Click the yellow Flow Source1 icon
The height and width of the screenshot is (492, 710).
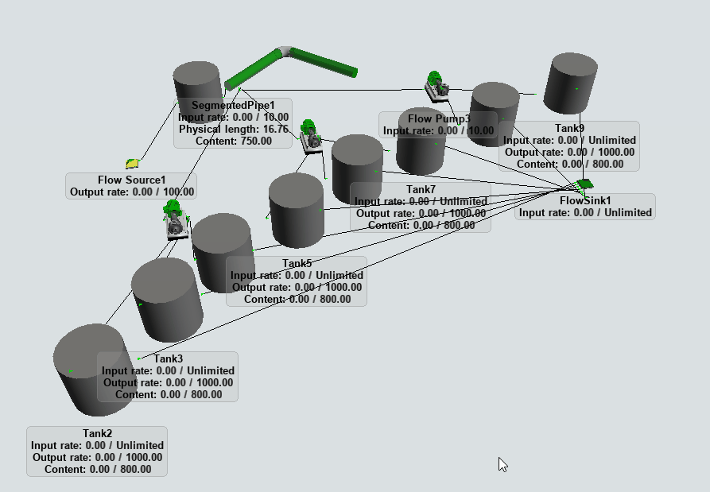point(133,163)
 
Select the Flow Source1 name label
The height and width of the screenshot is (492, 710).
point(132,180)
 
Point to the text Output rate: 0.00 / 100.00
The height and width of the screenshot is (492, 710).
point(132,192)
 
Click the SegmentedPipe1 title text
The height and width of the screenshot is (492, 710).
point(233,106)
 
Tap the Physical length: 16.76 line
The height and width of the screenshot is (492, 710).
point(233,129)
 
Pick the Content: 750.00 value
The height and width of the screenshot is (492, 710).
point(233,141)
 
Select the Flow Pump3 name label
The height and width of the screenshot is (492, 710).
point(439,119)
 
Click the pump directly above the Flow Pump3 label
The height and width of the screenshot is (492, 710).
point(436,86)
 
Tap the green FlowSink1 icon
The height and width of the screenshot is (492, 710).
point(585,184)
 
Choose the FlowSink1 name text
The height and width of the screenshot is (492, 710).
point(585,200)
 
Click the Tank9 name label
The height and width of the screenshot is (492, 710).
point(569,129)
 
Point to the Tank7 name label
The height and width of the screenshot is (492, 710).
point(421,190)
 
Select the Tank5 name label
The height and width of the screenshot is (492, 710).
point(297,264)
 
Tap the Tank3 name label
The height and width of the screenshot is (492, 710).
point(168,359)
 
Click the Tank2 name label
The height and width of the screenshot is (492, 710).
point(97,434)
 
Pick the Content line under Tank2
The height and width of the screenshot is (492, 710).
point(97,469)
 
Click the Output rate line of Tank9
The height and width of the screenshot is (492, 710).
point(569,153)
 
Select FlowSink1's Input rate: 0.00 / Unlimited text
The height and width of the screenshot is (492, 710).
point(585,212)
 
